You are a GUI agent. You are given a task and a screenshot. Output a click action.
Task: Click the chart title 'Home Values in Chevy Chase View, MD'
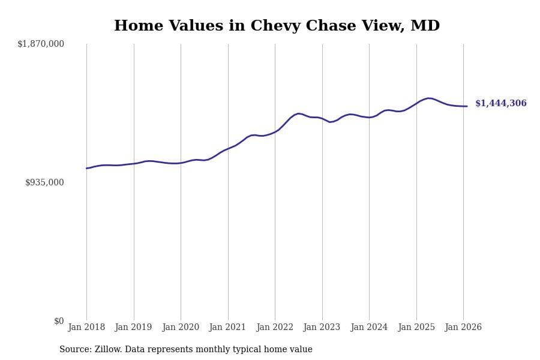point(277,26)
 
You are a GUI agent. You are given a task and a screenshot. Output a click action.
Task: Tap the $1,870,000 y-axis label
point(41,44)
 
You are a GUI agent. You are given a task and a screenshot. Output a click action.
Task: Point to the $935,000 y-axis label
point(44,182)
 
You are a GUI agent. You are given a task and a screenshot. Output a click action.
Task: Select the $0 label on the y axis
point(59,321)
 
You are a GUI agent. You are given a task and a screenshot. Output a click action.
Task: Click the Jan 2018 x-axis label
point(86,328)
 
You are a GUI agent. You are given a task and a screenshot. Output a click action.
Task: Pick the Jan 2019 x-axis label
point(133,328)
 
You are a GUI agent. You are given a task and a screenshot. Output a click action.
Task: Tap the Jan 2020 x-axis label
point(181,328)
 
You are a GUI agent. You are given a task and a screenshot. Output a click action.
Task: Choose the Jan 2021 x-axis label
point(227,328)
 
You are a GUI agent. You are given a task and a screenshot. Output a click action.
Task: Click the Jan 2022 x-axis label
point(275,328)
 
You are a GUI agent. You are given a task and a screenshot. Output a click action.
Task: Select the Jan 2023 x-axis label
point(322,328)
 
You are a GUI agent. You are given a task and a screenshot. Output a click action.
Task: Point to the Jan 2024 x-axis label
point(369,328)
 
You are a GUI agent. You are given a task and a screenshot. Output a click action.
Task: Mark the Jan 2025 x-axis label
point(416,328)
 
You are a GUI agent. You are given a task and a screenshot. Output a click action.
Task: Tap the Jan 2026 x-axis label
point(463,328)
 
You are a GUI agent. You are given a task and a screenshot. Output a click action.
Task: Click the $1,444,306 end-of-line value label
point(500,104)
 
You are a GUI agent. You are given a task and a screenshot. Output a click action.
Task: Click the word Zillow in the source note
point(108,350)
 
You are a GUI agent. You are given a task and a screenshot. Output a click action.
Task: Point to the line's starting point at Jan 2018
point(86,168)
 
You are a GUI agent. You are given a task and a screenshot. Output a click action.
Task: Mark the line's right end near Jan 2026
point(467,106)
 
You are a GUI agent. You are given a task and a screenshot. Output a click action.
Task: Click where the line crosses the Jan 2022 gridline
point(275,131)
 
